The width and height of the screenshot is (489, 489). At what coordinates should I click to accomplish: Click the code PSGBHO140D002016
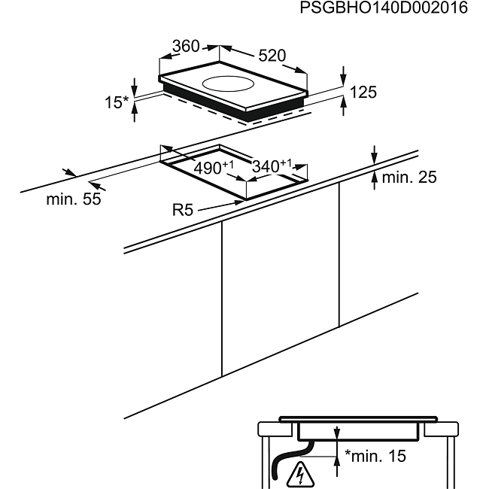tap(384, 8)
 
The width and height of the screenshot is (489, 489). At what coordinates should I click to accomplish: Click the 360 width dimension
tap(186, 46)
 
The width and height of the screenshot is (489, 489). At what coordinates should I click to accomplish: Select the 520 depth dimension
tap(272, 56)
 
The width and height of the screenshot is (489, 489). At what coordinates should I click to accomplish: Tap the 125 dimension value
tap(363, 93)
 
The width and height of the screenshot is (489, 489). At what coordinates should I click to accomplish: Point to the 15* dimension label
tap(117, 102)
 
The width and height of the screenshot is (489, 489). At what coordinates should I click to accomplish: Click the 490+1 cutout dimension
tap(214, 167)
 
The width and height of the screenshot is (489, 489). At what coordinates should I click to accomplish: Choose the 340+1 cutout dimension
tap(272, 166)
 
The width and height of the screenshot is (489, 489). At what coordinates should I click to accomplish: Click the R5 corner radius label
tap(183, 210)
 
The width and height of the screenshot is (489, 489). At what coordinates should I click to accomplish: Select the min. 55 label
tap(74, 199)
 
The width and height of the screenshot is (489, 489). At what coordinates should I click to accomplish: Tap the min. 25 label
tap(409, 177)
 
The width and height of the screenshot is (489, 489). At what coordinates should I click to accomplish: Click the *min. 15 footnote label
tap(375, 456)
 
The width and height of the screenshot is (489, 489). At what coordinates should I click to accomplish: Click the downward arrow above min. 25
tap(375, 155)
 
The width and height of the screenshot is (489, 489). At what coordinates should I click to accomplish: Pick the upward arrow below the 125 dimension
tap(343, 106)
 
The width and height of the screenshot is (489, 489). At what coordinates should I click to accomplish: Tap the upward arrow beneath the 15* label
tap(135, 112)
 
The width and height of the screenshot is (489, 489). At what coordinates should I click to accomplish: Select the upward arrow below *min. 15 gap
tap(337, 466)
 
